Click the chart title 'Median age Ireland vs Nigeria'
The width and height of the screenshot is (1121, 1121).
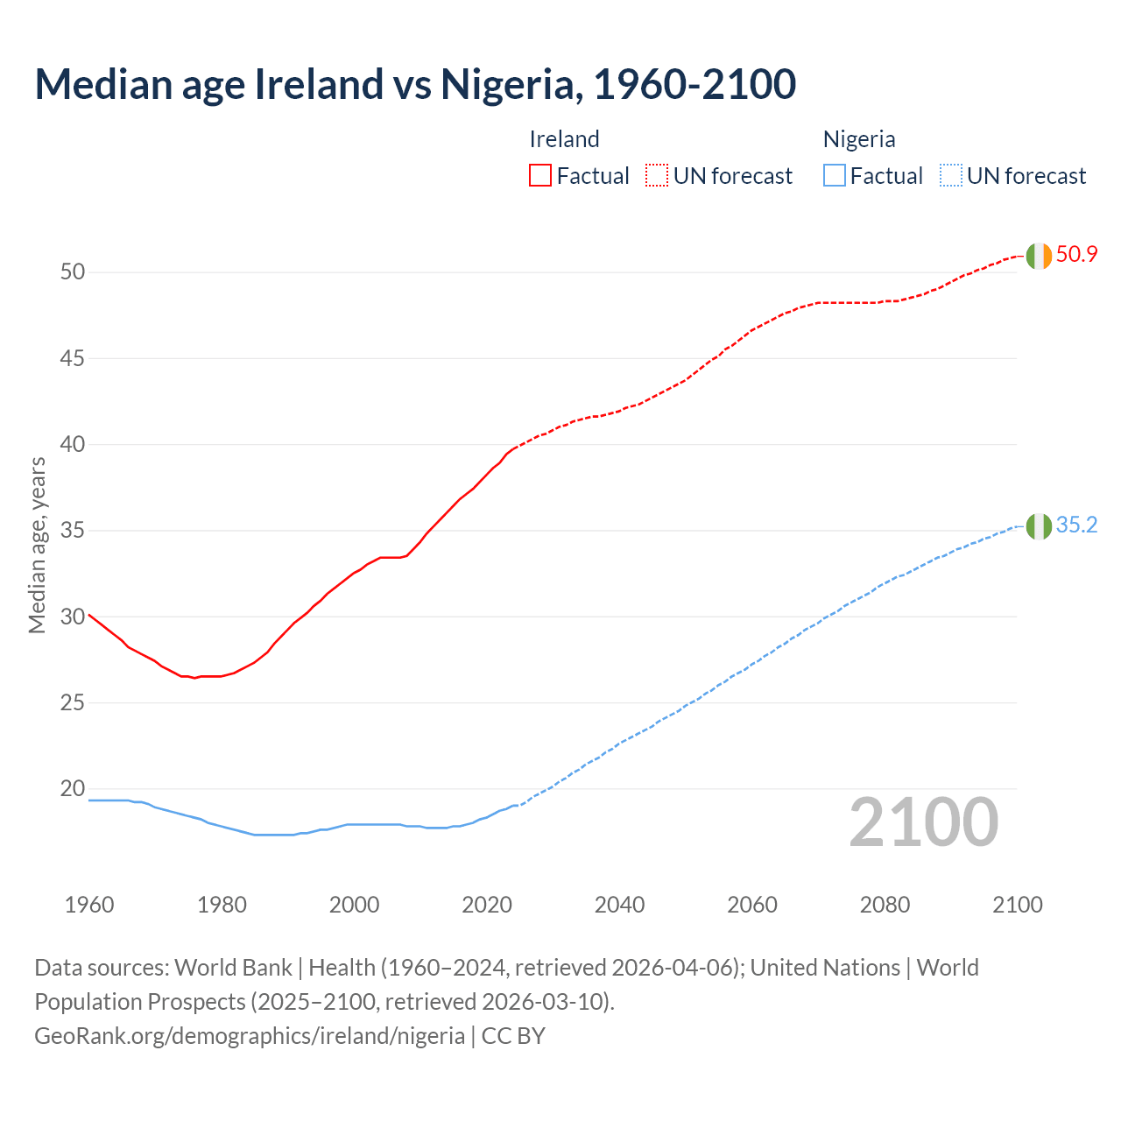click(415, 84)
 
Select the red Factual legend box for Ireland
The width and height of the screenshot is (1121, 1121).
click(540, 175)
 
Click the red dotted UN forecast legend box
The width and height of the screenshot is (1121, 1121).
click(657, 175)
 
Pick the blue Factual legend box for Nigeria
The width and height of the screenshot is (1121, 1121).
click(834, 175)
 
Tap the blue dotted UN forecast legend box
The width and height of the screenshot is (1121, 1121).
click(950, 175)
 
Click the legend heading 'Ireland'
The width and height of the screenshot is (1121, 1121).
click(564, 139)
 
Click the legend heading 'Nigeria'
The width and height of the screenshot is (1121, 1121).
click(858, 139)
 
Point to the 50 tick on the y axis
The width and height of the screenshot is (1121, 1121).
click(73, 272)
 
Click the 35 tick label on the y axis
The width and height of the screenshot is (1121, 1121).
click(73, 531)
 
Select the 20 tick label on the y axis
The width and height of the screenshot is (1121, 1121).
click(73, 789)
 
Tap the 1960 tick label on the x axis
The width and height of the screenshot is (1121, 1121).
click(89, 905)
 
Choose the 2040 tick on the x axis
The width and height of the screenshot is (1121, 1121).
click(619, 905)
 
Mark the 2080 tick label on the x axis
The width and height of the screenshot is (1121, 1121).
click(885, 905)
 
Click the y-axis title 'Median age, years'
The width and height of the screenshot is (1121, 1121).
click(37, 545)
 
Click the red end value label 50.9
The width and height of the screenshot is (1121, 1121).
click(1076, 255)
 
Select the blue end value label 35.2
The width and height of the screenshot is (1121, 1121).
click(1076, 525)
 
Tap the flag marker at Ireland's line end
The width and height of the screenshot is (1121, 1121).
click(1039, 256)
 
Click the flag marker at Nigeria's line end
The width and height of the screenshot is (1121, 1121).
click(1039, 526)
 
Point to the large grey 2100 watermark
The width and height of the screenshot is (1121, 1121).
click(924, 821)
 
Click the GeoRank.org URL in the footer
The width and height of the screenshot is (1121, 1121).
click(250, 1036)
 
